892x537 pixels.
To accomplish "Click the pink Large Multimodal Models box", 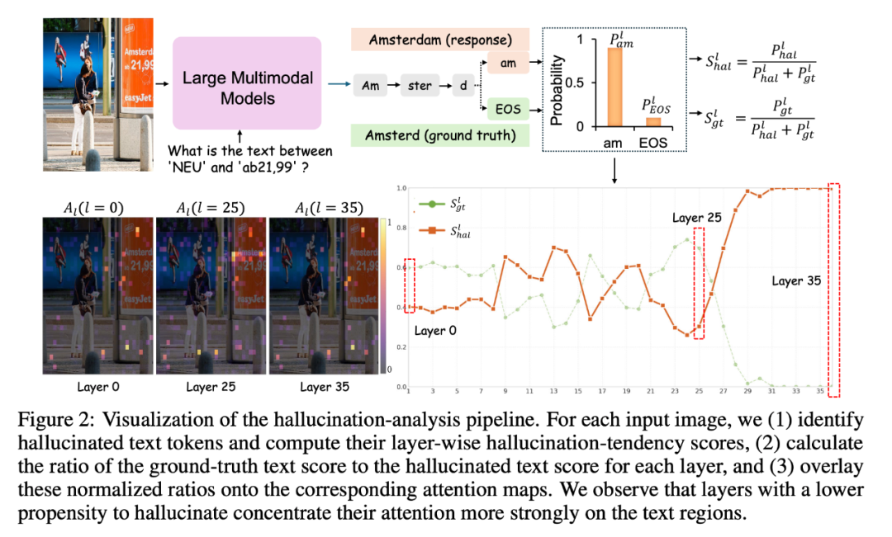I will [x=248, y=79].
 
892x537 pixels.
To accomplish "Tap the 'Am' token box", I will [x=371, y=85].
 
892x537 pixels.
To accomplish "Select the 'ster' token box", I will [x=420, y=85].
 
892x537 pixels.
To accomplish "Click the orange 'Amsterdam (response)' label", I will [x=440, y=40].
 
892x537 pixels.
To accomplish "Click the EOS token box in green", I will [x=505, y=107].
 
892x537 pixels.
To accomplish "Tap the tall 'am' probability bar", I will [x=614, y=87].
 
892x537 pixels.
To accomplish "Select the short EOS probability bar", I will [x=652, y=121].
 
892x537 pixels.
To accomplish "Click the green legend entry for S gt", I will [x=446, y=205].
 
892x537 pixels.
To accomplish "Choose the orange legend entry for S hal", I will [x=446, y=231].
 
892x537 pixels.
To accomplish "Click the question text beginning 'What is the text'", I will [x=249, y=151].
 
